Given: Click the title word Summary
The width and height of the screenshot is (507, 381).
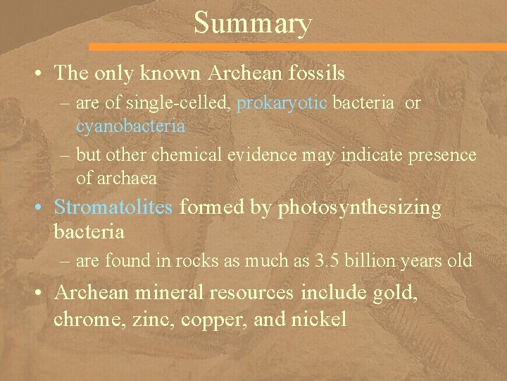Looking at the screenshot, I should pyautogui.click(x=252, y=23).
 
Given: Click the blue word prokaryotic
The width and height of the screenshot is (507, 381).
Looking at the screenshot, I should pyautogui.click(x=282, y=104).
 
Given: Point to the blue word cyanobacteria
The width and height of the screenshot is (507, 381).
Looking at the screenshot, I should pyautogui.click(x=130, y=126).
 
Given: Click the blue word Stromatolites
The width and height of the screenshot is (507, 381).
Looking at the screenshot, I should pyautogui.click(x=115, y=207).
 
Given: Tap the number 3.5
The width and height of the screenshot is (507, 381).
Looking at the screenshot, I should pyautogui.click(x=329, y=260).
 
